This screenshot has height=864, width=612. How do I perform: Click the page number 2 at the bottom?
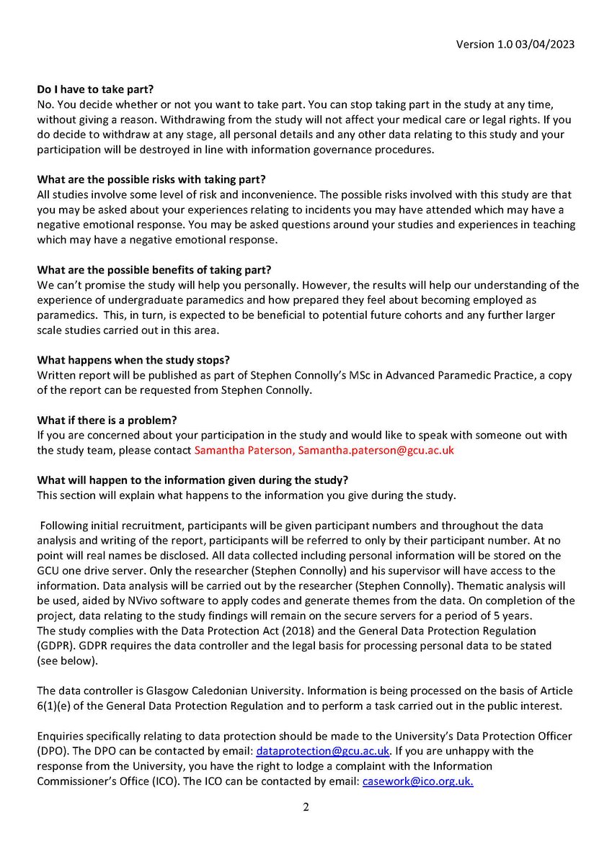[306, 807]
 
